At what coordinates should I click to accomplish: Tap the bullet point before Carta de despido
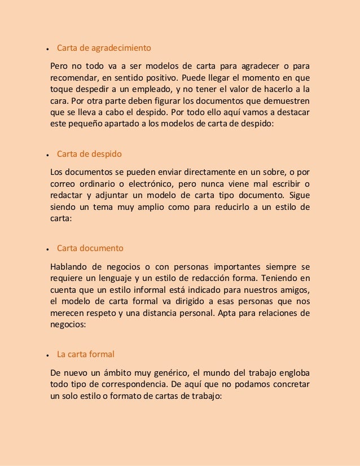click(49, 155)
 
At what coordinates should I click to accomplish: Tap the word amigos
click(294, 291)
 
